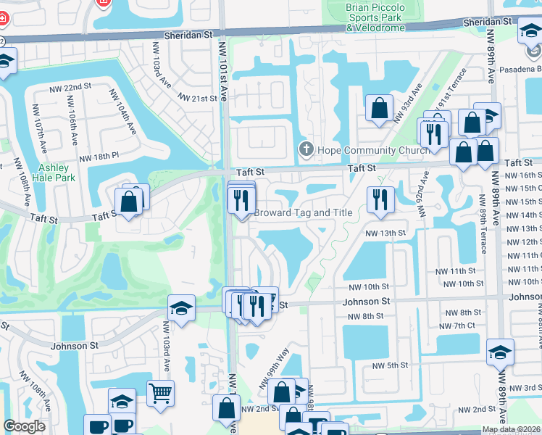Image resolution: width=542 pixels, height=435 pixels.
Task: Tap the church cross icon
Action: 306,150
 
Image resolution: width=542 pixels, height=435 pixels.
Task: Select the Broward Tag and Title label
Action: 303,213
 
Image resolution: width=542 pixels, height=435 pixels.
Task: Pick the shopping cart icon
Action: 161,394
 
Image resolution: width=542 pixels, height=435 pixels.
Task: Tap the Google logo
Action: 24,426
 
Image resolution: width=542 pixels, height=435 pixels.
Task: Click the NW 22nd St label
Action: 70,88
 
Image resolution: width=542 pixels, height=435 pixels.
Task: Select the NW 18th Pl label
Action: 99,157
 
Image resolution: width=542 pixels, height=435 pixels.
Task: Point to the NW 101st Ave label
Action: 224,72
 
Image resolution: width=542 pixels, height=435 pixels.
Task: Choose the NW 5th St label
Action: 388,365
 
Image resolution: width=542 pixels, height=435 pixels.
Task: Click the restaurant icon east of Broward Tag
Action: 380,199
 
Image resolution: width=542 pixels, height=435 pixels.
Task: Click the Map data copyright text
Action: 512,429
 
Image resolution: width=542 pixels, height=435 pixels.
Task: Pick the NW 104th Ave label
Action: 122,112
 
